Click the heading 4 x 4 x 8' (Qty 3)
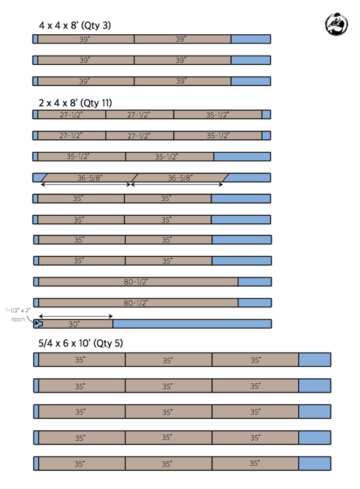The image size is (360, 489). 75,25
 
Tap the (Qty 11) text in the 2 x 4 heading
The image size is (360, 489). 96,103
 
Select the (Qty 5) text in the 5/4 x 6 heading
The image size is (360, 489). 108,343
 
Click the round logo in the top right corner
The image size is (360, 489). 336,24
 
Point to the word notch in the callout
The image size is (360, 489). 18,319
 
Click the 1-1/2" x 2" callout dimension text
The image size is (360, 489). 18,311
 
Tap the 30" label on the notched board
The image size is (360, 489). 74,325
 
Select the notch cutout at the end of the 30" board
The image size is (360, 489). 38,324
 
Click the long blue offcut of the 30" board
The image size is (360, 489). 192,324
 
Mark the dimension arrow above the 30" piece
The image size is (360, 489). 76,316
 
